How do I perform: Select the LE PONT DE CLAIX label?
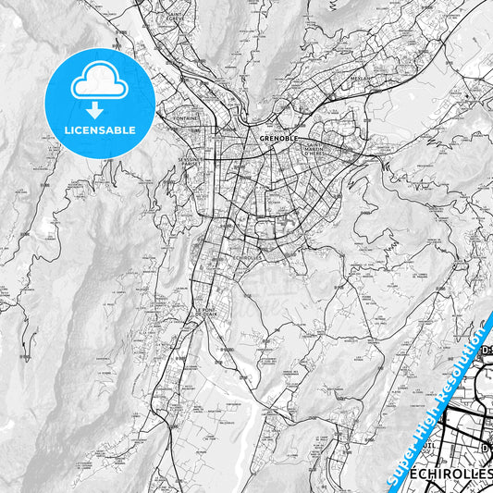tap(206, 312)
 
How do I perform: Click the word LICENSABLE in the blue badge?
tap(99, 129)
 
